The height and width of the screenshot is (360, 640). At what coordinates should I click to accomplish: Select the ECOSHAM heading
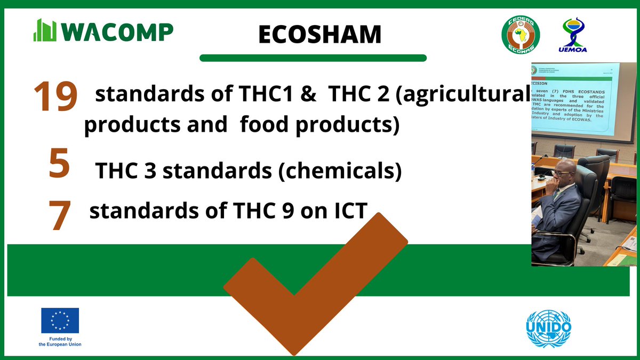(319, 35)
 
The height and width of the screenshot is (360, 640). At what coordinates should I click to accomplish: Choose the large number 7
(59, 215)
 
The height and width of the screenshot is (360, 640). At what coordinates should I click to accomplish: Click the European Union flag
(60, 321)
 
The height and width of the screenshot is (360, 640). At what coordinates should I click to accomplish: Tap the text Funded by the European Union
(60, 341)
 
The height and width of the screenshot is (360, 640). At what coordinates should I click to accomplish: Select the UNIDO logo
(548, 328)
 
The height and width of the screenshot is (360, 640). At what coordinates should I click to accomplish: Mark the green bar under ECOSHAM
(313, 58)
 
